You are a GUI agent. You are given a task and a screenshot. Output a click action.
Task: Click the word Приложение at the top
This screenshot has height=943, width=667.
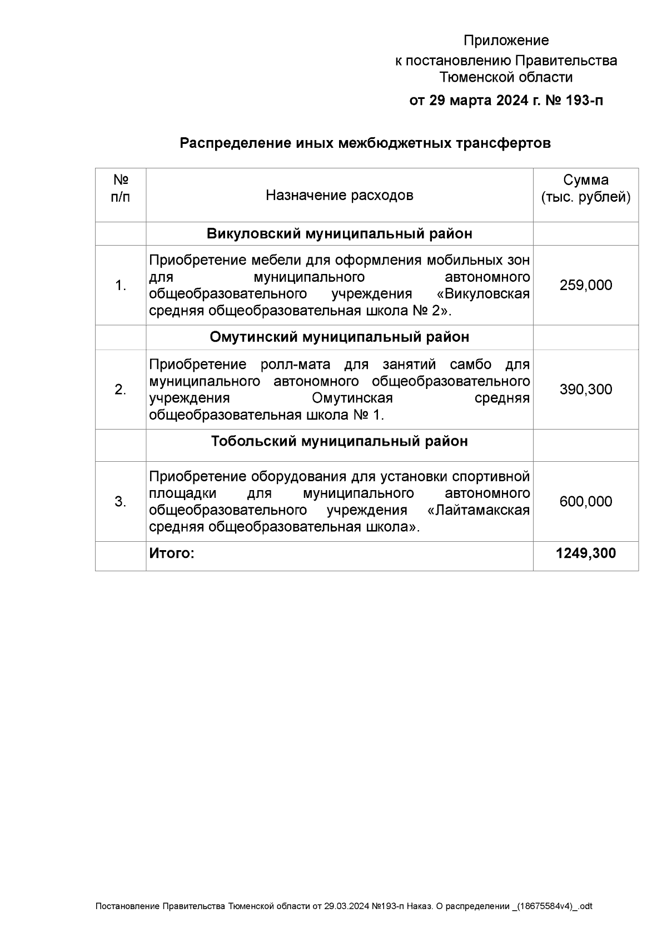pos(506,41)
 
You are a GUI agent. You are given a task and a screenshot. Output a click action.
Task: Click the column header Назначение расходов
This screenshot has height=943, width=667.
pos(339,195)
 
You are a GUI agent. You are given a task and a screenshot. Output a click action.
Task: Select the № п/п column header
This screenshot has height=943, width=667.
pos(121,188)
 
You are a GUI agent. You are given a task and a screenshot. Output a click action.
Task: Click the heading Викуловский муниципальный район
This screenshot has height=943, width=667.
pos(339,233)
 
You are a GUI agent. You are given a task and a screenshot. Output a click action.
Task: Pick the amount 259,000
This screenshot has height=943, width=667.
pos(585,286)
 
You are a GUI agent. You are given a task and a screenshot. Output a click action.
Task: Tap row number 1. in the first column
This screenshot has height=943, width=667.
pos(121,286)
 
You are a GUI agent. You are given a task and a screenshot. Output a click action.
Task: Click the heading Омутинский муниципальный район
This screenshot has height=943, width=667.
pos(339,337)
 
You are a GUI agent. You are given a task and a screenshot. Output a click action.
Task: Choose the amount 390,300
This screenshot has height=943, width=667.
pos(585,390)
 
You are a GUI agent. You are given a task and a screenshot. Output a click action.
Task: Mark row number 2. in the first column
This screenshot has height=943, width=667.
pos(121,390)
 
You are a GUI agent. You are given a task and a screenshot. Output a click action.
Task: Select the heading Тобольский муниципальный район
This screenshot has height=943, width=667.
pos(339,441)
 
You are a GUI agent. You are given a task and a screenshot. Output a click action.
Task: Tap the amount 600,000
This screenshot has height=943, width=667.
pos(585,502)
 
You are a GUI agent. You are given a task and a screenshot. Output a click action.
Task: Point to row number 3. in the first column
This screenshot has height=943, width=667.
pos(121,502)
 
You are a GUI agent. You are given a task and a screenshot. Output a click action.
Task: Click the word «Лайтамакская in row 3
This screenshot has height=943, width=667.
pos(479,510)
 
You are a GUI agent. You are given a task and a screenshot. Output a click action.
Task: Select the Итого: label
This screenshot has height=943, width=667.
pos(172,553)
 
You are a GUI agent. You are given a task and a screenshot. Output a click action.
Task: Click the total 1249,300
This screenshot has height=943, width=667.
pos(585,553)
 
